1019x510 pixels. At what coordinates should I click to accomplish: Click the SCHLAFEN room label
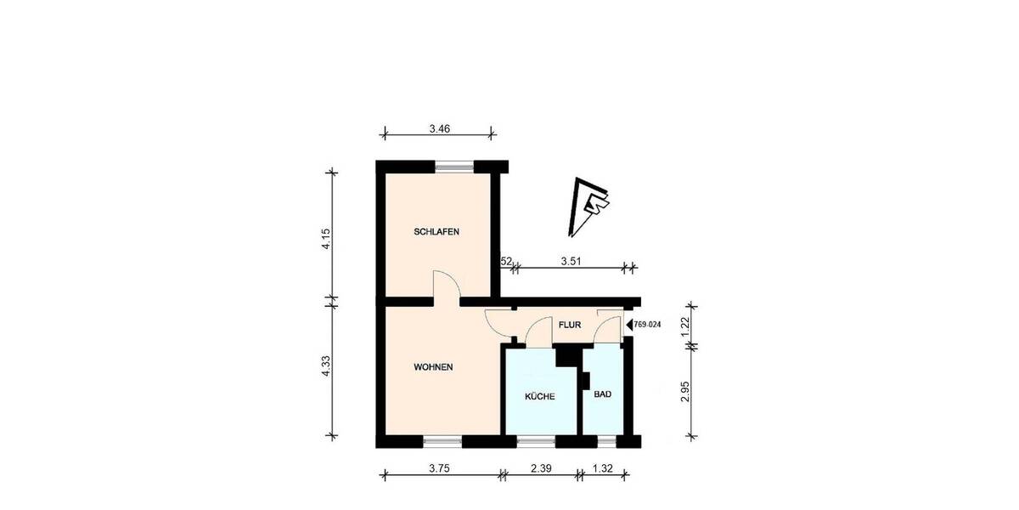(436, 232)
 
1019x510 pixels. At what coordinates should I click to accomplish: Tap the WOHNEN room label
(432, 367)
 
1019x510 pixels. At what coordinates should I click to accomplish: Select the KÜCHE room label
(540, 397)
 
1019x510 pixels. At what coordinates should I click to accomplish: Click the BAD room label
(602, 394)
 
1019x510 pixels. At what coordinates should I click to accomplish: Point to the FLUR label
(568, 325)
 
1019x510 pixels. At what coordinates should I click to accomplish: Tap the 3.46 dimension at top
(439, 129)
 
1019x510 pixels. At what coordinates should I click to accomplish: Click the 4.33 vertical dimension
(324, 370)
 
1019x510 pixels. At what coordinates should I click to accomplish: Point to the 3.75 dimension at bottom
(440, 468)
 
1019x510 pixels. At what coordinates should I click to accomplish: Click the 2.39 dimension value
(542, 468)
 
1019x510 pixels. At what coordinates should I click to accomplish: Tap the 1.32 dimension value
(602, 468)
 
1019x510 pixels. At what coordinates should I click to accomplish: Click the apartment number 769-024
(650, 324)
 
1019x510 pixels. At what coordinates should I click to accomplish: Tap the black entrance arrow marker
(629, 324)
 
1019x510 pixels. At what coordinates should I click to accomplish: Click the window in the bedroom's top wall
(454, 167)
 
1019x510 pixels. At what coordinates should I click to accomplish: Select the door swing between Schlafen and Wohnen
(445, 286)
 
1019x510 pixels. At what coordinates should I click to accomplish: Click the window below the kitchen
(536, 441)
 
